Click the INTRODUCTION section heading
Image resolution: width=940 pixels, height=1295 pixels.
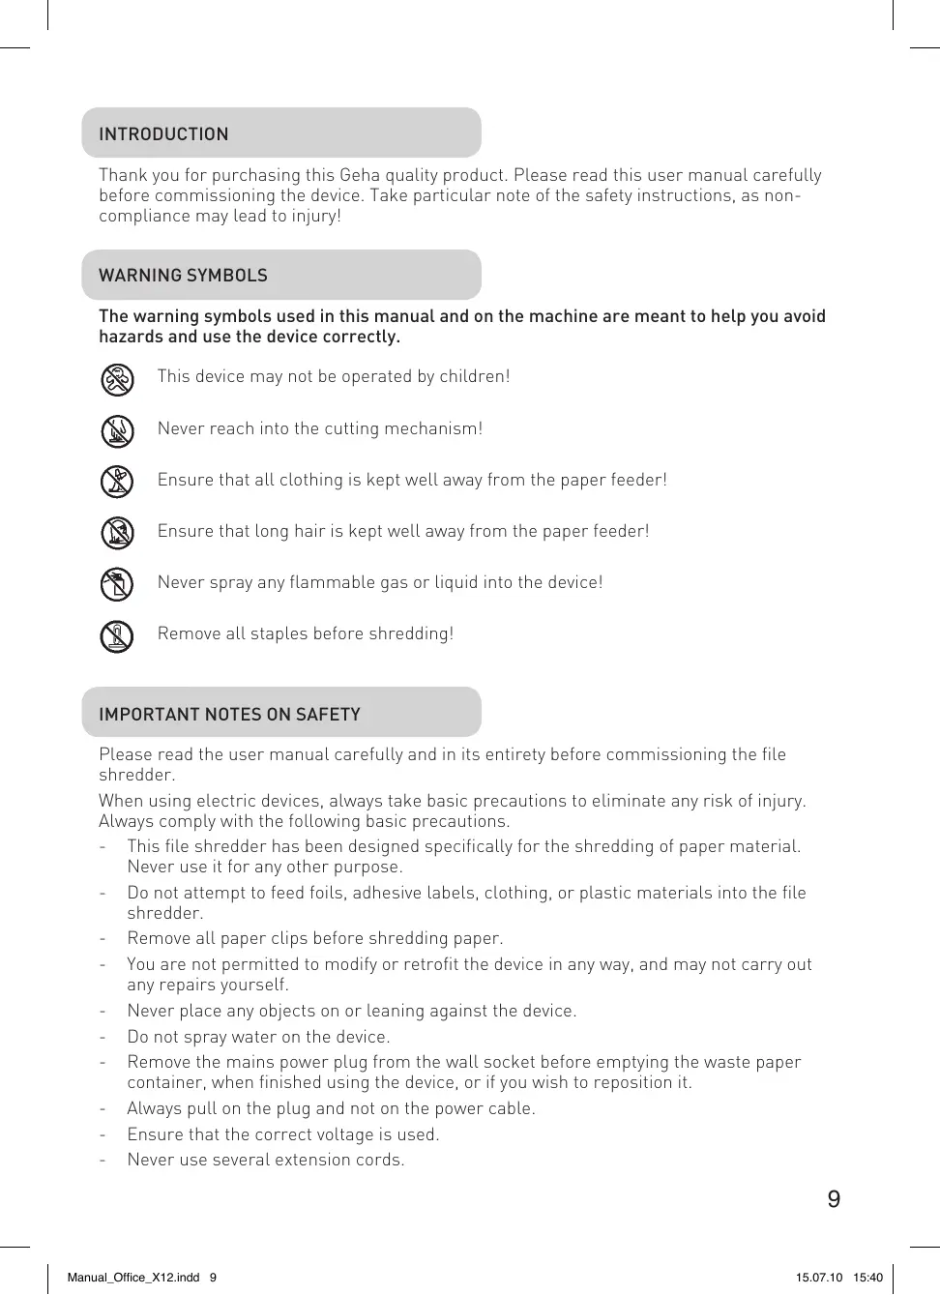click(163, 134)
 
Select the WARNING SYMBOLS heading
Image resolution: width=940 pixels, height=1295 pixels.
click(183, 276)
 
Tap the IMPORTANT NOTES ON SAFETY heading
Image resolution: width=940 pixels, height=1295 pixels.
click(229, 715)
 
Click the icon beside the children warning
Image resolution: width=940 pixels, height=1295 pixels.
click(117, 379)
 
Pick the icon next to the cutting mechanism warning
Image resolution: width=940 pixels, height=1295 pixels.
click(117, 430)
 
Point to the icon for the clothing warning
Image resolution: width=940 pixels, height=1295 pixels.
click(117, 482)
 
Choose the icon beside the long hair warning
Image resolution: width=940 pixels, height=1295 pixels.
click(117, 533)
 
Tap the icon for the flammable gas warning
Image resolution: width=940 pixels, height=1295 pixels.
click(117, 584)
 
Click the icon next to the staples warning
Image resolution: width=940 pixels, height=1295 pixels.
click(117, 635)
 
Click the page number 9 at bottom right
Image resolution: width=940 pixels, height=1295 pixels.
click(834, 1199)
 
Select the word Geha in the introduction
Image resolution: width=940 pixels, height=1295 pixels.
click(360, 175)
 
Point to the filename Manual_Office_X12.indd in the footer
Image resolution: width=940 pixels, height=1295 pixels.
click(133, 1277)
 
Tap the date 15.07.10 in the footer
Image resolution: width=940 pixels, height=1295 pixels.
click(819, 1277)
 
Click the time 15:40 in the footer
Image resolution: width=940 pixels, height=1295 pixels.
click(867, 1277)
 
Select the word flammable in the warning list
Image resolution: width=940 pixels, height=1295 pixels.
click(335, 582)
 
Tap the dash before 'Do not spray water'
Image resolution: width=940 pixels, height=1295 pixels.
click(103, 1037)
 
